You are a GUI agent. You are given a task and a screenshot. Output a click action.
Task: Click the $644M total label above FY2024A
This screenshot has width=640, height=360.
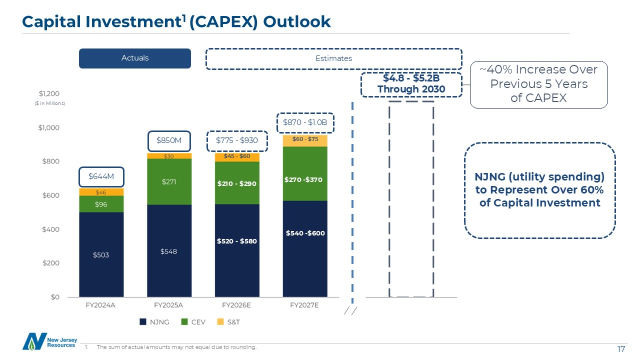pos(101,176)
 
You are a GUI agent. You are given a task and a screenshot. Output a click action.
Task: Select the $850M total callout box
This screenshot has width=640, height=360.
pos(168,140)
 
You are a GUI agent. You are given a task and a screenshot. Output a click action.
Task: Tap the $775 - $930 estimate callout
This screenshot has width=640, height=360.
pos(237,140)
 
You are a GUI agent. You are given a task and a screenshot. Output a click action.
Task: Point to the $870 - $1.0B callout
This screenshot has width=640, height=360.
pos(305,122)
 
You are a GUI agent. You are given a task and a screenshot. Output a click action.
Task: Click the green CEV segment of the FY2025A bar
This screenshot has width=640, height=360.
pos(169,181)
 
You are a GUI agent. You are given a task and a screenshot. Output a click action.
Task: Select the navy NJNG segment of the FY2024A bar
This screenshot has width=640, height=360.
pos(101,254)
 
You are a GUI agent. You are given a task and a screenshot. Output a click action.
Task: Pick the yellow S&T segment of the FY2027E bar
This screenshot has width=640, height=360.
pos(305,140)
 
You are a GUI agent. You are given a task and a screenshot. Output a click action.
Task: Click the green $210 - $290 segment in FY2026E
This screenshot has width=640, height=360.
pos(237,183)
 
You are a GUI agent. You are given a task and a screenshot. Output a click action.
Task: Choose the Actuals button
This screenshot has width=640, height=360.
pos(135,58)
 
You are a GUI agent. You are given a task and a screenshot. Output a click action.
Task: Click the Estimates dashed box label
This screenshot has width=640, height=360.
pos(333,58)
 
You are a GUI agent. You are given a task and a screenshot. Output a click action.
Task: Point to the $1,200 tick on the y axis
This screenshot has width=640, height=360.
pos(49,94)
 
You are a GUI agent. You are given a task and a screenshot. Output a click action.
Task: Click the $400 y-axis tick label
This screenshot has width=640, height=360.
pos(49,229)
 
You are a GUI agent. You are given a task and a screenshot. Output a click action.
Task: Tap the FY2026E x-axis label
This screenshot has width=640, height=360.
pos(237,305)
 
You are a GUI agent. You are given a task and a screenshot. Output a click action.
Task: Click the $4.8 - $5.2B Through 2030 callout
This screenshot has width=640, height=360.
pos(411,84)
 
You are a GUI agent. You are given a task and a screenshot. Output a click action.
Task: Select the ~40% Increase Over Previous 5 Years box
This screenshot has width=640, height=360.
pos(539,84)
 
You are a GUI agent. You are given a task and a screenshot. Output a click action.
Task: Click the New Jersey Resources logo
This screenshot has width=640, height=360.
pos(49,342)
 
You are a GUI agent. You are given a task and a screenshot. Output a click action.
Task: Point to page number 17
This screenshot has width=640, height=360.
pos(621,348)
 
